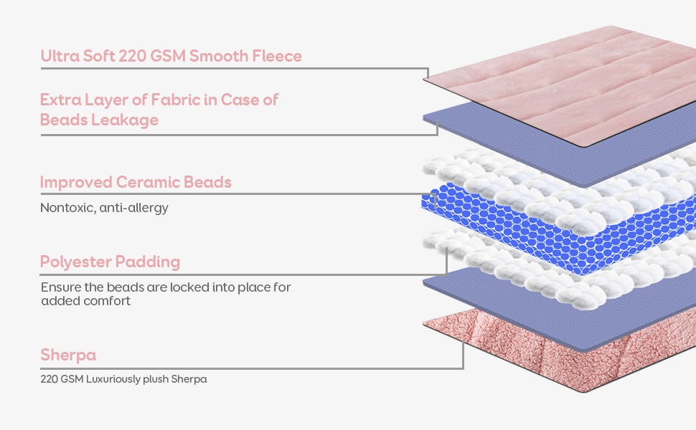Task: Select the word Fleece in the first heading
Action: pyautogui.click(x=274, y=56)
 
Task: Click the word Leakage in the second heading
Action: pyautogui.click(x=125, y=120)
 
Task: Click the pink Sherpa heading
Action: pyautogui.click(x=68, y=355)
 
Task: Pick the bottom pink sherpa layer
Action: pyautogui.click(x=545, y=358)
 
